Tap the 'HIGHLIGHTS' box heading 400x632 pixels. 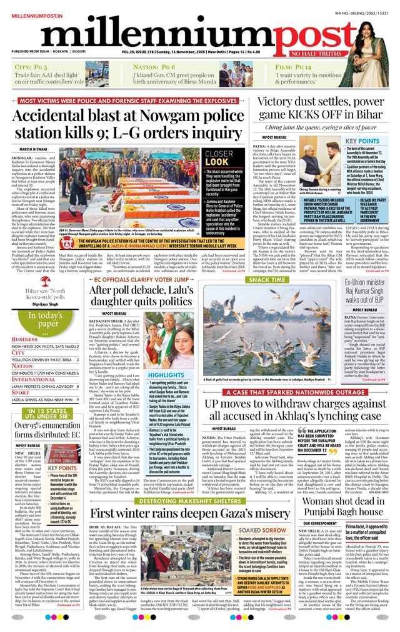point(166,375)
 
